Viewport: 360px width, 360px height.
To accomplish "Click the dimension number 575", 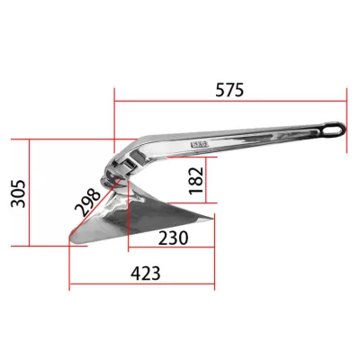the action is coord(229,90).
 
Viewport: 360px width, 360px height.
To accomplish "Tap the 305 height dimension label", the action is coord(19,193).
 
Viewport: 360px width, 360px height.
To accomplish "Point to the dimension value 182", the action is coord(196,181).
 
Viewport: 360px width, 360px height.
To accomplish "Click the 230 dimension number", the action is coord(173,238).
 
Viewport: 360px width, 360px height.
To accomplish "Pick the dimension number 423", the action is coord(146,274).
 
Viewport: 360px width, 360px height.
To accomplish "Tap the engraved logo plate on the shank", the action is coord(200,144).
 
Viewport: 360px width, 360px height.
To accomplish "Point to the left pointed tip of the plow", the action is coord(71,236).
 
